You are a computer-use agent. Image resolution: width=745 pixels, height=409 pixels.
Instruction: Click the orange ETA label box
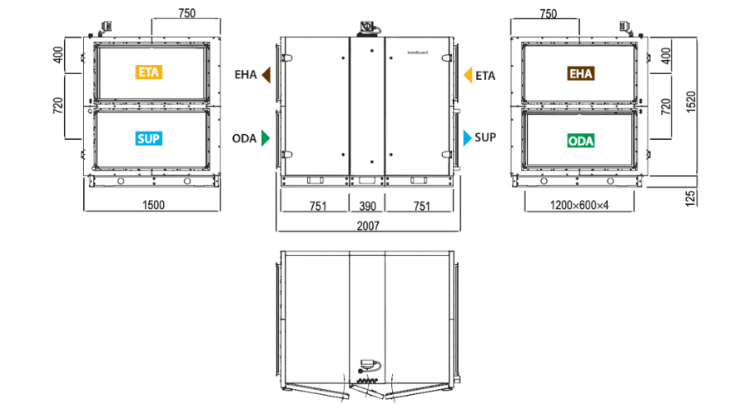149,72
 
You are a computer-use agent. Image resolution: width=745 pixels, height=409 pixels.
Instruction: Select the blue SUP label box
149,139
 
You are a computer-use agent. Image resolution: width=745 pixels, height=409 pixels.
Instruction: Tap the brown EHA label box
581,73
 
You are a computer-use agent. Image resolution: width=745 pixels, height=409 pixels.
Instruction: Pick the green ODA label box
581,141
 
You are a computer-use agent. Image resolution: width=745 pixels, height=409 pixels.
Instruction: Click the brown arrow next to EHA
266,75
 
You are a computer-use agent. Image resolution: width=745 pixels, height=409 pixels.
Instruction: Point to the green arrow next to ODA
266,138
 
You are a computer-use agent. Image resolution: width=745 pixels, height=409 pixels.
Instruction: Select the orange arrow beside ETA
468,75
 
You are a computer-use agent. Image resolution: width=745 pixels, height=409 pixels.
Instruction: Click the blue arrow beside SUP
468,138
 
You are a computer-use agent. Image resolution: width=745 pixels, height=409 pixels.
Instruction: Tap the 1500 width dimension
153,205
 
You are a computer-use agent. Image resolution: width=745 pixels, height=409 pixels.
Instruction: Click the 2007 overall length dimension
368,226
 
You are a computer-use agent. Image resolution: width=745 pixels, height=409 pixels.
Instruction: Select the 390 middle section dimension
368,206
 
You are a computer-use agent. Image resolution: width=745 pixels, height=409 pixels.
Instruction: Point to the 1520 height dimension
691,102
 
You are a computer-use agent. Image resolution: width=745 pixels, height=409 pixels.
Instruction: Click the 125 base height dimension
691,198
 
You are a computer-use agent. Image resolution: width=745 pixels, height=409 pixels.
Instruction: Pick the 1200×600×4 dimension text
579,206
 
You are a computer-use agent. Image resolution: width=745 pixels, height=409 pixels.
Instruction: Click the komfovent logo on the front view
418,52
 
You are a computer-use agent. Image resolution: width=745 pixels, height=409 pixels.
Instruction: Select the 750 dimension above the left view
186,13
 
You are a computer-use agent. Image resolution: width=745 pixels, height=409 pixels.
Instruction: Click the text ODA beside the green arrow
244,138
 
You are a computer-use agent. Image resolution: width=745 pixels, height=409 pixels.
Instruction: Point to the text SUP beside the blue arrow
485,137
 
